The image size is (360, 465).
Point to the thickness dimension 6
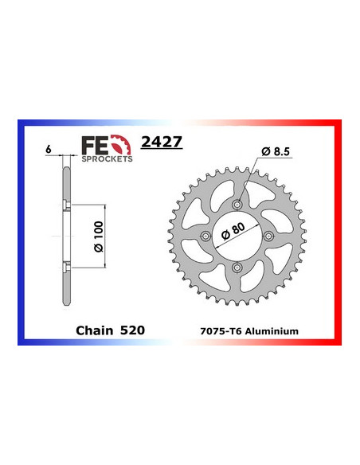point(49,149)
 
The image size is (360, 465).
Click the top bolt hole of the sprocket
point(237,205)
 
